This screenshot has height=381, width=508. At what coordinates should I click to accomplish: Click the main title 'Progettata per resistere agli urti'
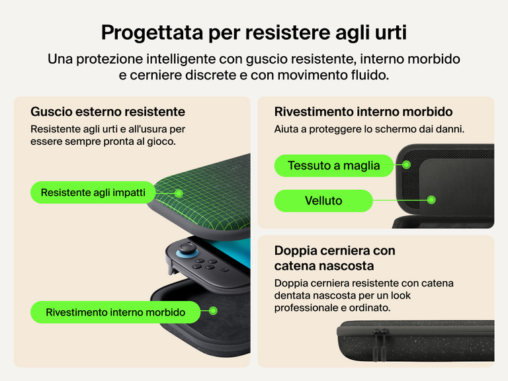pyautogui.click(x=254, y=32)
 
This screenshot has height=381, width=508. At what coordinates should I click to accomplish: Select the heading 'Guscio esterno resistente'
pyautogui.click(x=108, y=111)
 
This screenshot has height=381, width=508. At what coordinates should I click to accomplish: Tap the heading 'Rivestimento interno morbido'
pyautogui.click(x=363, y=111)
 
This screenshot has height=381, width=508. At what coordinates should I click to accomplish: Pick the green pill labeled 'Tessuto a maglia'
pyautogui.click(x=333, y=165)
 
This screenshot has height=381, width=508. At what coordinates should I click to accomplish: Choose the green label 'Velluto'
pyautogui.click(x=323, y=200)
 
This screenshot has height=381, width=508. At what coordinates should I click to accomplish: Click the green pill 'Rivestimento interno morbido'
pyautogui.click(x=115, y=312)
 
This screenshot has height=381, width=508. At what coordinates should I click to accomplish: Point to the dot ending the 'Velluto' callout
pyautogui.click(x=431, y=199)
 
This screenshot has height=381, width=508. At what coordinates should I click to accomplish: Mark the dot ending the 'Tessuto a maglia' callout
pyautogui.click(x=407, y=165)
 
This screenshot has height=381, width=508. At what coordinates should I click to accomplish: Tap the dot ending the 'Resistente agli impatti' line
pyautogui.click(x=179, y=193)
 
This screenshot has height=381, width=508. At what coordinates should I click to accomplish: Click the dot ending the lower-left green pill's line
pyautogui.click(x=212, y=310)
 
